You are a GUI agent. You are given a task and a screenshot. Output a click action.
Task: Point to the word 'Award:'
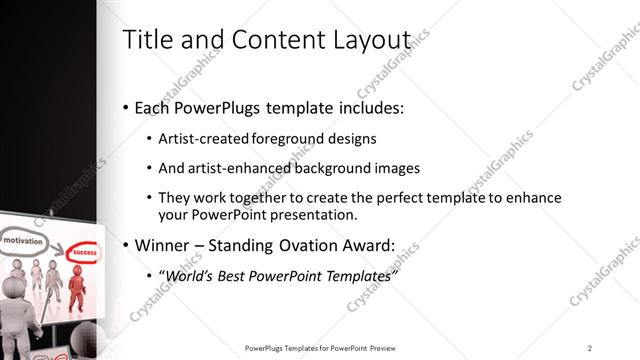coord(367,245)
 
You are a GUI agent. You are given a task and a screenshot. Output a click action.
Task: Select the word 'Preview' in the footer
coord(390,347)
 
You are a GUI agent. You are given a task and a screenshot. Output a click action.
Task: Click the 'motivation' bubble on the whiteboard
coord(21,241)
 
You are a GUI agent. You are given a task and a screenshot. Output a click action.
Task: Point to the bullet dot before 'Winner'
coord(125,245)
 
